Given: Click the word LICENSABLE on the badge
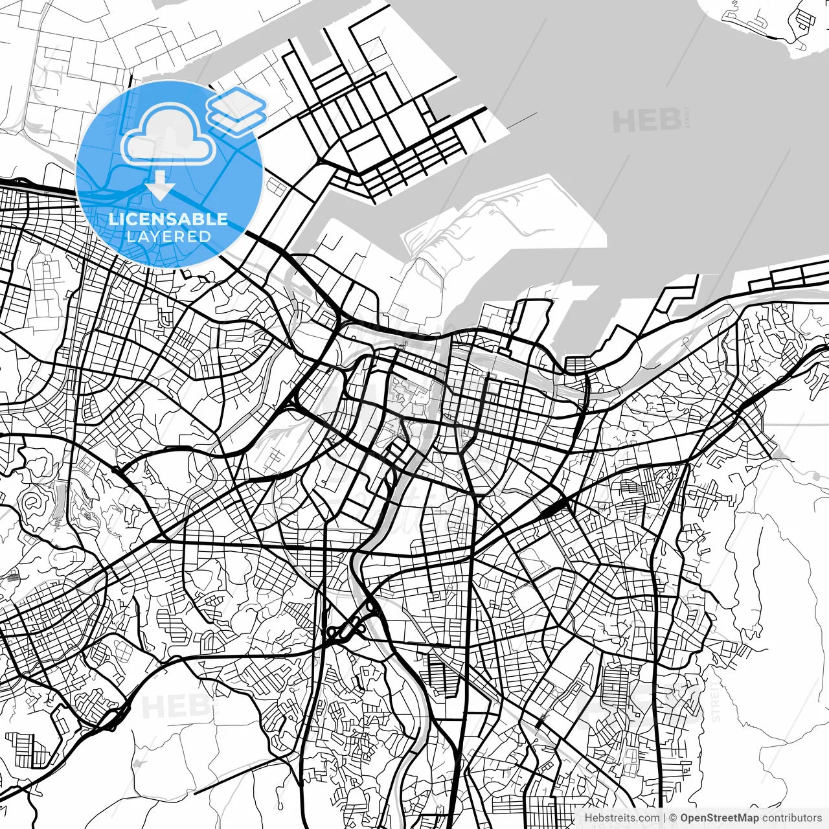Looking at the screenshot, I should tap(168, 219).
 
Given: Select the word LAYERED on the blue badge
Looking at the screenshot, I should tap(168, 236).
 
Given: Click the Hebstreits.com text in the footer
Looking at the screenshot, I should tap(622, 818).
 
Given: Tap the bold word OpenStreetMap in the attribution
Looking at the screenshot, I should tap(720, 818).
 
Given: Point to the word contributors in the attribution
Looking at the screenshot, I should tap(791, 818).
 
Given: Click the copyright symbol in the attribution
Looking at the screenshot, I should tap(674, 818).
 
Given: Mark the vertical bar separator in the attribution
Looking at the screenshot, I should tap(664, 818).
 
